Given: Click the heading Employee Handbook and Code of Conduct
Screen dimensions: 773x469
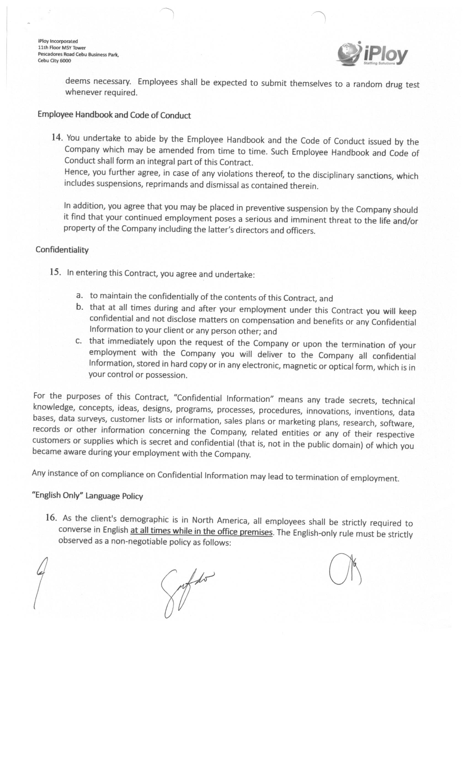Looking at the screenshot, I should tap(114, 115).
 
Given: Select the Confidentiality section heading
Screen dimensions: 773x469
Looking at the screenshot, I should tap(62, 250).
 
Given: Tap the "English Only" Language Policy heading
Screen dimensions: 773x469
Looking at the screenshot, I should tap(87, 496).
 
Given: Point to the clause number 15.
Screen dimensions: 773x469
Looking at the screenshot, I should tap(55, 272).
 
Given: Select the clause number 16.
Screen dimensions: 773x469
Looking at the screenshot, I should tap(51, 517).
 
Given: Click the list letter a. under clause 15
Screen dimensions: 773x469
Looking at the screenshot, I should tap(79, 295).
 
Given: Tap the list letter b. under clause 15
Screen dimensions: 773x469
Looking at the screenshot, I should tap(79, 306).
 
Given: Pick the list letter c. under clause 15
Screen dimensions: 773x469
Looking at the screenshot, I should tap(79, 340).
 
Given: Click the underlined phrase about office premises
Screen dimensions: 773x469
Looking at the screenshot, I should tap(201, 531).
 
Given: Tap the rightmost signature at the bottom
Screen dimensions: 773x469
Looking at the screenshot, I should tap(345, 569).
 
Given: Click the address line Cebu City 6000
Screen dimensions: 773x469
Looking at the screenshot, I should tap(54, 60).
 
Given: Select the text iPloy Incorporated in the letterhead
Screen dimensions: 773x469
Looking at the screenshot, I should tap(58, 41).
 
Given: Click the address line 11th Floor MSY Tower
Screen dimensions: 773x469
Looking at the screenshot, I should tap(62, 48).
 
